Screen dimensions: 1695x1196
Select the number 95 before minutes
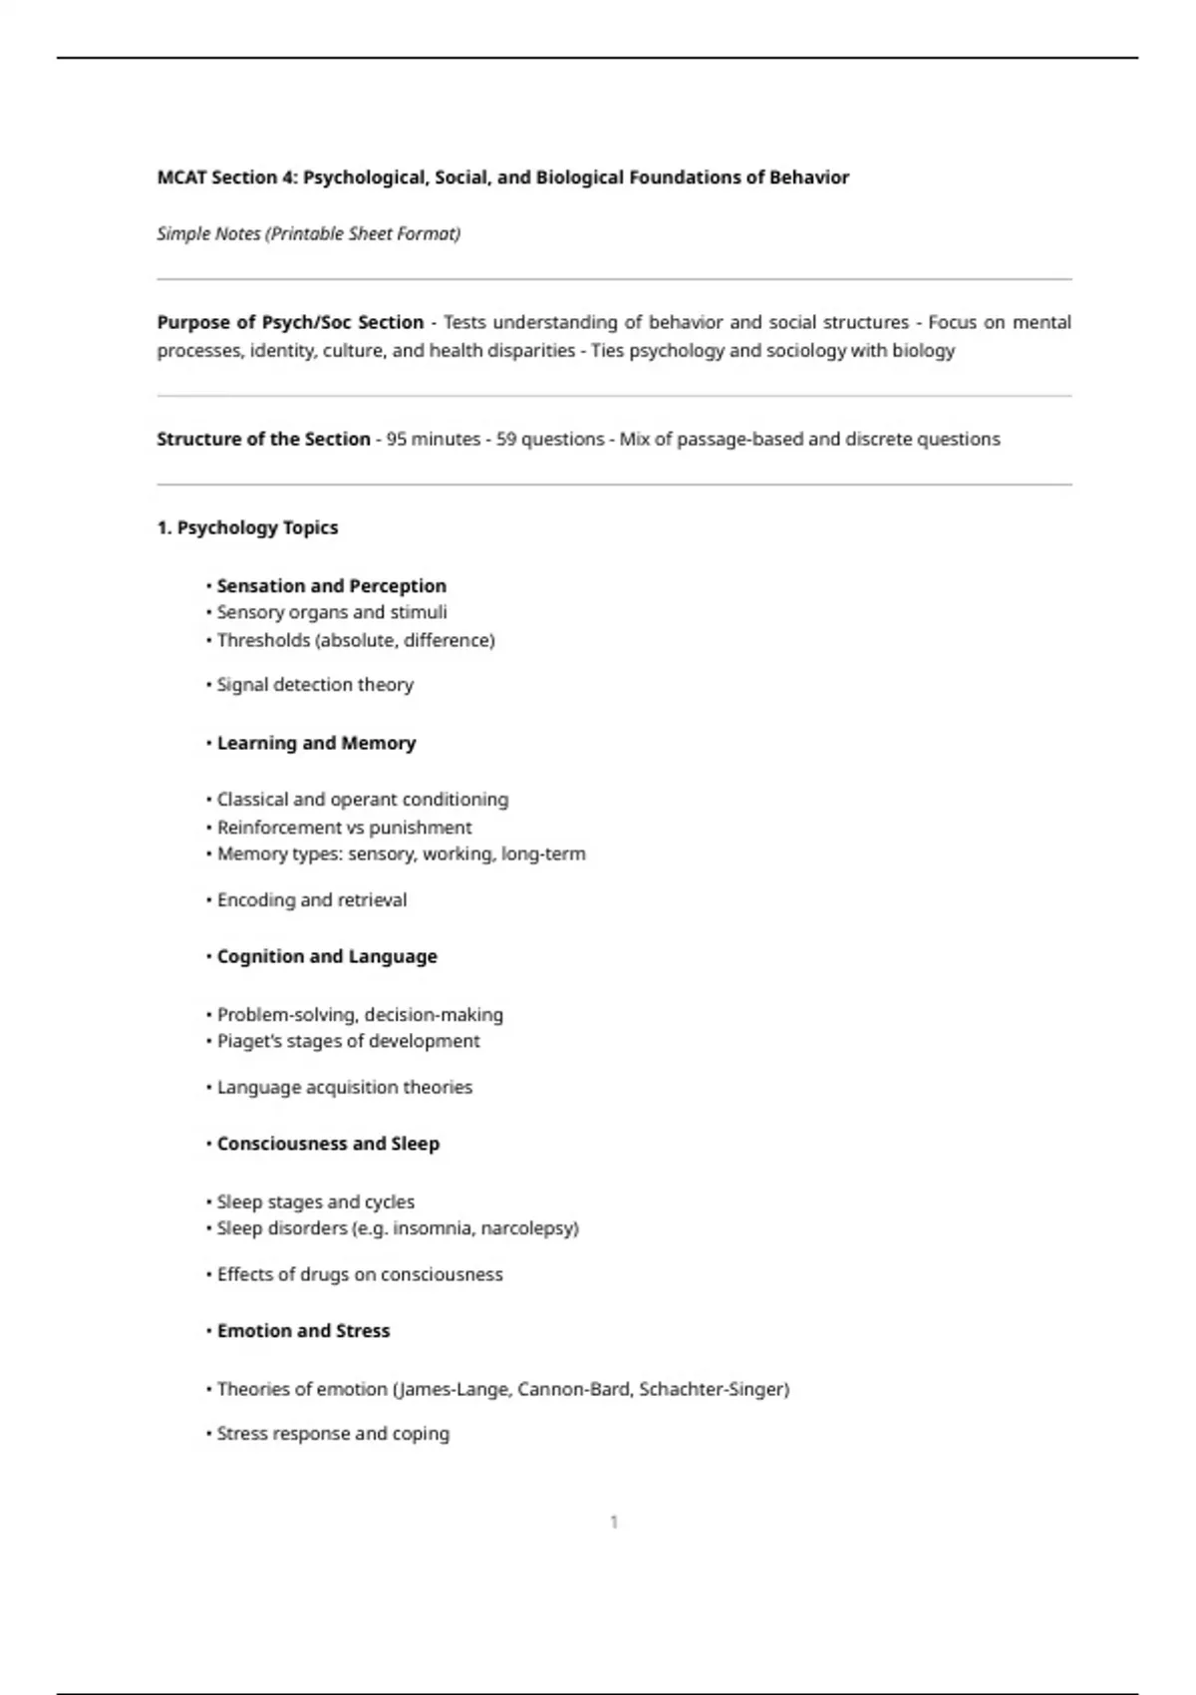pyautogui.click(x=397, y=440)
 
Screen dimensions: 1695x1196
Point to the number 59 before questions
pyautogui.click(x=505, y=440)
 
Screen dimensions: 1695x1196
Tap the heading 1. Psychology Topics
pyautogui.click(x=247, y=528)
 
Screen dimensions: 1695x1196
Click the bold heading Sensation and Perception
pyautogui.click(x=331, y=586)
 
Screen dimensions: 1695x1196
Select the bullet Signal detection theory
pyautogui.click(x=315, y=685)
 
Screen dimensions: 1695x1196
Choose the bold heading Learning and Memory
pyautogui.click(x=316, y=744)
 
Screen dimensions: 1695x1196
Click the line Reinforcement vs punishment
pyautogui.click(x=344, y=828)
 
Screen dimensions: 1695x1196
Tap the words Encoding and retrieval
pyautogui.click(x=311, y=900)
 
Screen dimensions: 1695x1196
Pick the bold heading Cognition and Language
pyautogui.click(x=327, y=957)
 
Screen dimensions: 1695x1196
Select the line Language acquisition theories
pyautogui.click(x=344, y=1088)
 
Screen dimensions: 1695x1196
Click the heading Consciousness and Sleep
pyautogui.click(x=328, y=1145)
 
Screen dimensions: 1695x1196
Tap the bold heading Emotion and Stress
pyautogui.click(x=303, y=1331)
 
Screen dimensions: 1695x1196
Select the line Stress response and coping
pyautogui.click(x=333, y=1434)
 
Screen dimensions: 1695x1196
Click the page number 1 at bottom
pyautogui.click(x=614, y=1523)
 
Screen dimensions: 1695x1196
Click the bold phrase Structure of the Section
pyautogui.click(x=263, y=440)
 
